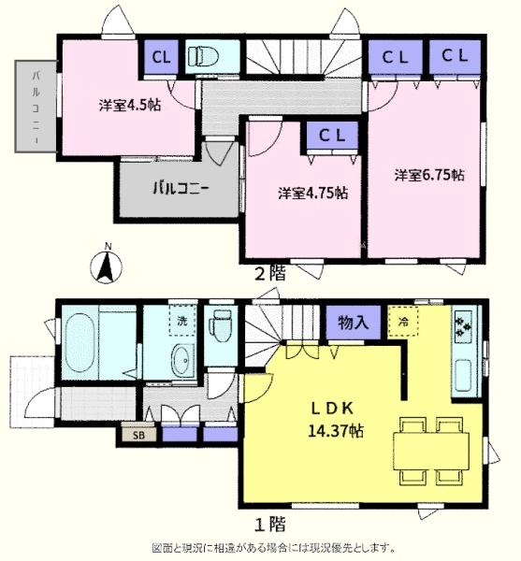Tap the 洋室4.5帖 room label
click(130, 105)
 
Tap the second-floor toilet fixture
click(201, 55)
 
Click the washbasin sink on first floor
click(181, 361)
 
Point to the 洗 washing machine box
click(180, 322)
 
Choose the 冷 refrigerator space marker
click(404, 324)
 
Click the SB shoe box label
click(137, 434)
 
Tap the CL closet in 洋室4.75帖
click(332, 136)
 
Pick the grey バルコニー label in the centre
click(181, 185)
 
